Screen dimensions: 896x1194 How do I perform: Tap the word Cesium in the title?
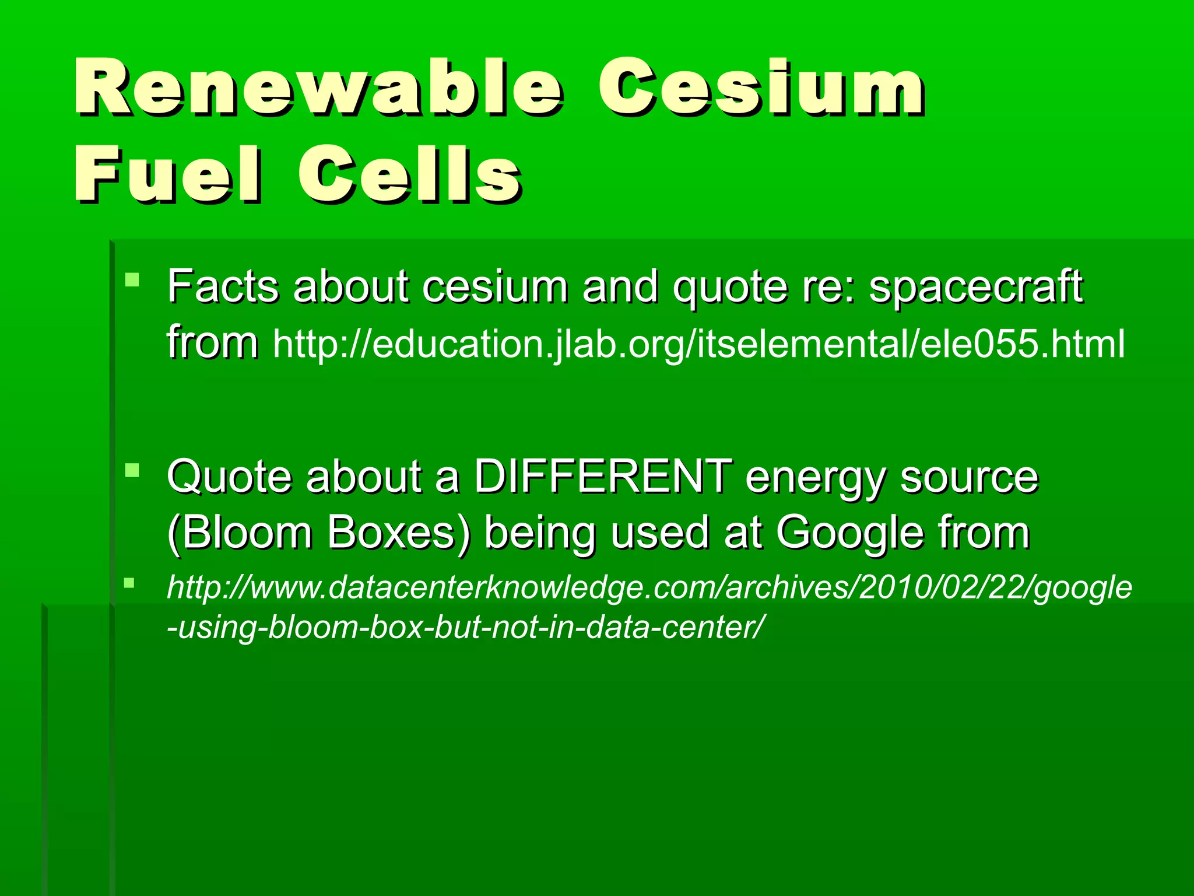[761, 87]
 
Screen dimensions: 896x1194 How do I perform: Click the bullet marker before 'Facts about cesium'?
[132, 279]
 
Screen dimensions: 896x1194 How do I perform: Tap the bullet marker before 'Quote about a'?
[132, 470]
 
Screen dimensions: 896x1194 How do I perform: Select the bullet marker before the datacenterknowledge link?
[129, 582]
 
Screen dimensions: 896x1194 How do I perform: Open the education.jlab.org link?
[698, 344]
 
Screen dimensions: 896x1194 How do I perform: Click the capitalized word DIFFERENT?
[603, 477]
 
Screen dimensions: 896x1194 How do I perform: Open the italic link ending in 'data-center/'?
[649, 607]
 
